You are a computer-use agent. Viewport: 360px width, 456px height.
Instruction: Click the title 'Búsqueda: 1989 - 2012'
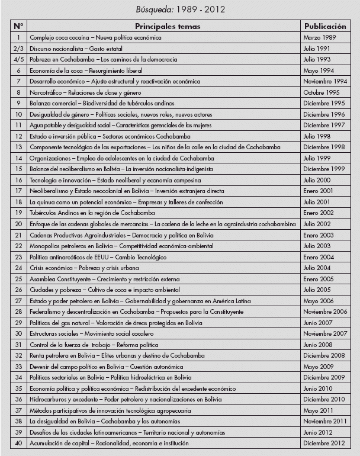pos(180,9)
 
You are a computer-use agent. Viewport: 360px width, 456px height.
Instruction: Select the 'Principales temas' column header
pos(168,27)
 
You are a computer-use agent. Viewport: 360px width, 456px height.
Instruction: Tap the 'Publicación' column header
pos(325,27)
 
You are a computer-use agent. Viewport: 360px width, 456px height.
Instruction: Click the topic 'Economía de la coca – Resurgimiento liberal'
pos(88,70)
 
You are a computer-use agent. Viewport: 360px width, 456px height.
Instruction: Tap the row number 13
pos(18,147)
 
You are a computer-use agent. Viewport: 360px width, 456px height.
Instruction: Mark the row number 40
pos(18,443)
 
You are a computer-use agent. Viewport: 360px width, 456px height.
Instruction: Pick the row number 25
pos(18,279)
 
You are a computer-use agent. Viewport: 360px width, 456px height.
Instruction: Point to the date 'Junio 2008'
pos(318,345)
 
